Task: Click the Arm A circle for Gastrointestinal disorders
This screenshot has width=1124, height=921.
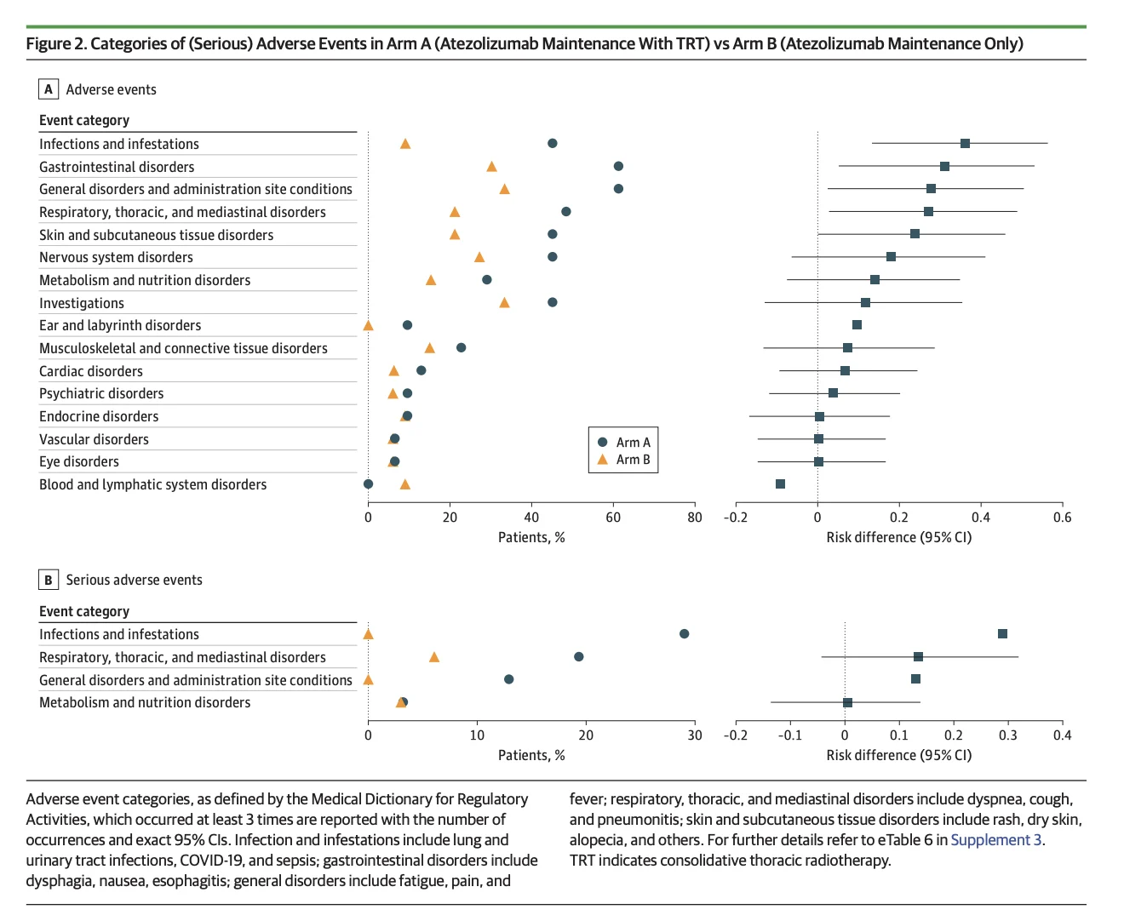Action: tap(617, 166)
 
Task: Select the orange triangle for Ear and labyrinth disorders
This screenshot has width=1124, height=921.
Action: tap(368, 325)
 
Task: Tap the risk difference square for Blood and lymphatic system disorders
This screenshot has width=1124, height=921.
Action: tap(780, 483)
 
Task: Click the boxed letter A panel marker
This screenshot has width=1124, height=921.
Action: tap(48, 89)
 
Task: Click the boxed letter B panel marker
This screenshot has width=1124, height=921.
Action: tap(48, 580)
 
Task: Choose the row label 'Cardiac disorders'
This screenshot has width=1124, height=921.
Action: tap(91, 371)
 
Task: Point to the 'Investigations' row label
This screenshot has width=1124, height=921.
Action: tap(82, 303)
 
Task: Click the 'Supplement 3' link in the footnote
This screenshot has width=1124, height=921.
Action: tap(996, 839)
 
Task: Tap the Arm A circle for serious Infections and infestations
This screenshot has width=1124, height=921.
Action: tap(684, 633)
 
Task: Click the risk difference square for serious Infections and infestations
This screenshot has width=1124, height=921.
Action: tap(1002, 633)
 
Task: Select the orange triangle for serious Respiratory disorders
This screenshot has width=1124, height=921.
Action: tap(433, 657)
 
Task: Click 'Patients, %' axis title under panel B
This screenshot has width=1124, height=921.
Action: tap(531, 755)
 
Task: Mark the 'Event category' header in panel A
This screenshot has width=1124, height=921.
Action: tap(84, 120)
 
